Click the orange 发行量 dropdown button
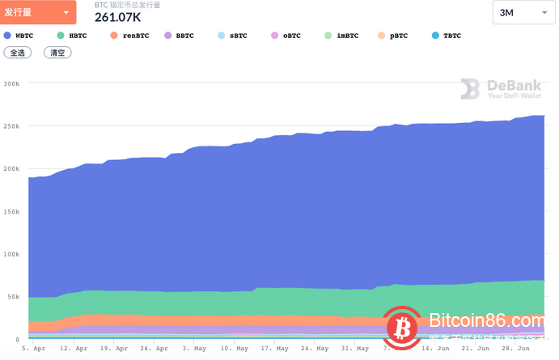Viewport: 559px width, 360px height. pyautogui.click(x=39, y=13)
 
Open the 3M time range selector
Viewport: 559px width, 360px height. pyautogui.click(x=523, y=13)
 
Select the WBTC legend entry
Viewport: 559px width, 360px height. pyautogui.click(x=19, y=36)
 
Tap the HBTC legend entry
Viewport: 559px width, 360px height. pyautogui.click(x=72, y=36)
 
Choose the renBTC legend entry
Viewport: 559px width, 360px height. pyautogui.click(x=128, y=36)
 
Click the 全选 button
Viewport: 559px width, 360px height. pyautogui.click(x=16, y=53)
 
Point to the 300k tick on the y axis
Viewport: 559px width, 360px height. pyautogui.click(x=11, y=83)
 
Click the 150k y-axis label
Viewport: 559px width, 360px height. pyautogui.click(x=11, y=211)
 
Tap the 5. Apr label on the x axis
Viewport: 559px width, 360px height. pyautogui.click(x=35, y=349)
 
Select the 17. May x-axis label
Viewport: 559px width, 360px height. pyautogui.click(x=275, y=349)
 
